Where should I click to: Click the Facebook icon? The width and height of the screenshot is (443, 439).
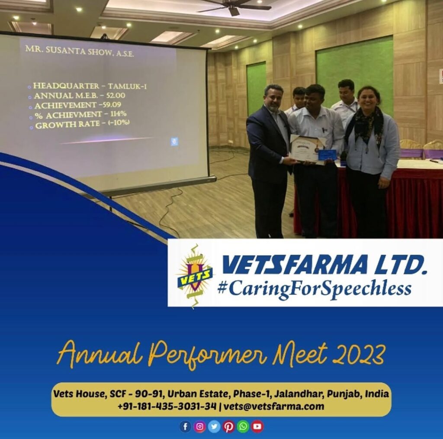pyautogui.click(x=185, y=426)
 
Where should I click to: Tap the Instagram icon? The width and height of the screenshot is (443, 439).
pyautogui.click(x=200, y=426)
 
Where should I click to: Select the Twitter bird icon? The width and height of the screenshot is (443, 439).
pyautogui.click(x=214, y=426)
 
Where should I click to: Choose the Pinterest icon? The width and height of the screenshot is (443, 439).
pyautogui.click(x=228, y=426)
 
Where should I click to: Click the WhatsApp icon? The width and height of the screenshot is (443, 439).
pyautogui.click(x=243, y=426)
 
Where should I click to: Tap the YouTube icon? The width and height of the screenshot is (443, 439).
pyautogui.click(x=257, y=426)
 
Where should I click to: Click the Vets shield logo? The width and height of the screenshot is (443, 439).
pyautogui.click(x=194, y=276)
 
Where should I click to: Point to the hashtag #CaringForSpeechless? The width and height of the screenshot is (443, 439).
pyautogui.click(x=314, y=290)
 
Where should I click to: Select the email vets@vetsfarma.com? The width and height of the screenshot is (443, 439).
pyautogui.click(x=274, y=406)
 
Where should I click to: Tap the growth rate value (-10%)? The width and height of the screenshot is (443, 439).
pyautogui.click(x=119, y=123)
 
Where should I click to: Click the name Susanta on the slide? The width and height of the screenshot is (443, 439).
pyautogui.click(x=65, y=50)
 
